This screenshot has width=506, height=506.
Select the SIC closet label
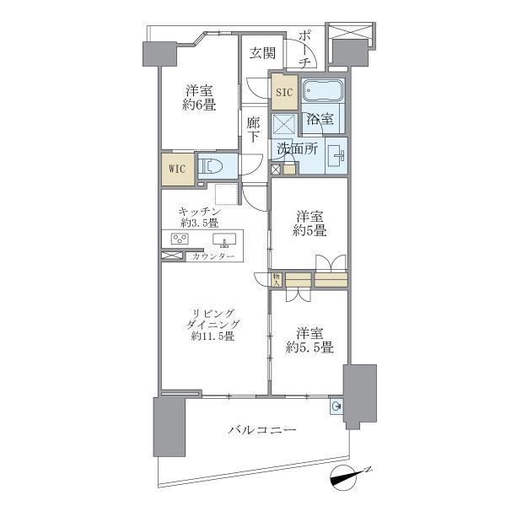(x=283, y=93)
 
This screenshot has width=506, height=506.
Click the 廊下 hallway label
(x=254, y=131)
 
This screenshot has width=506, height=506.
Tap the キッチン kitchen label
(x=199, y=211)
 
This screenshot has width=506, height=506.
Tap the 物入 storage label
(x=277, y=278)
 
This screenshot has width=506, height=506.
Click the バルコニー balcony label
(x=261, y=431)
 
